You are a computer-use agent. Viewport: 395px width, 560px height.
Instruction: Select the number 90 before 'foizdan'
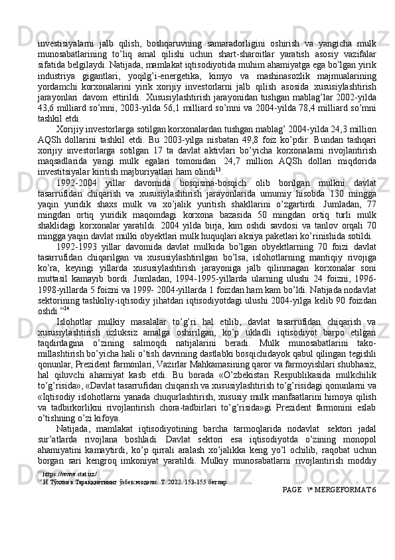pos(339,336)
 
